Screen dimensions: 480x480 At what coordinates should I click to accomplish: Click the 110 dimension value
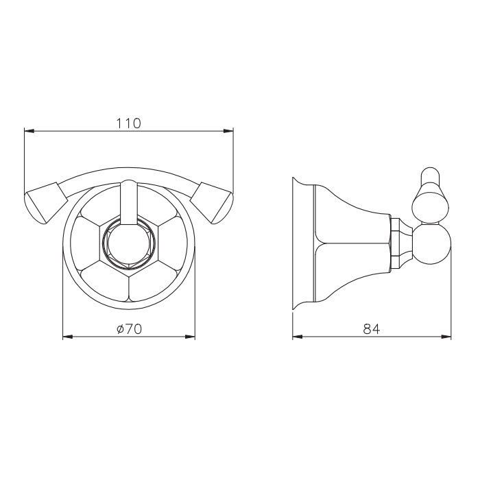129,123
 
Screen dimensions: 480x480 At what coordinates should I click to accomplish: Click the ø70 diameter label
129,329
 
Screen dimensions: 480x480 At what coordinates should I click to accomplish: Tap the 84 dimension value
372,329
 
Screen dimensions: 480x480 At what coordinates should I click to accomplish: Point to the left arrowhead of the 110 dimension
29,132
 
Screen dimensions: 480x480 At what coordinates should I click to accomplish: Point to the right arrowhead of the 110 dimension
228,132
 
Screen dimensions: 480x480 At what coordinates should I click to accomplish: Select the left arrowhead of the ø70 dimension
68,337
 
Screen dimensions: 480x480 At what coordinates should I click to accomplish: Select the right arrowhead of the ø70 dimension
190,337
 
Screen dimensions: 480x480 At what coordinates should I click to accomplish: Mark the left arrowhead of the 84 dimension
297,337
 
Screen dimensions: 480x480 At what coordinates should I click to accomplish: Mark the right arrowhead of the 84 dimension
446,337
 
